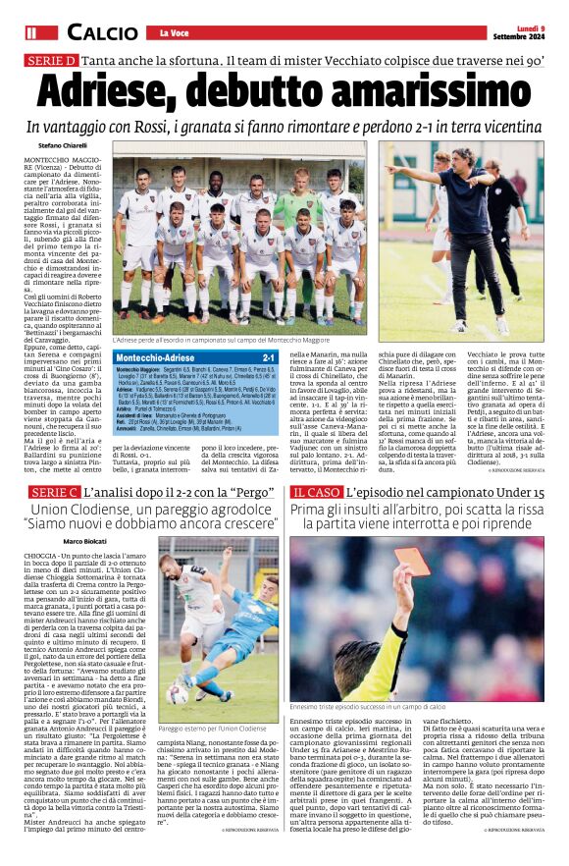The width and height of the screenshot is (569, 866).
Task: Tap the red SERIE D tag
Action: (x=52, y=61)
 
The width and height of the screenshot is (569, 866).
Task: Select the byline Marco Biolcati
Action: (x=83, y=541)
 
